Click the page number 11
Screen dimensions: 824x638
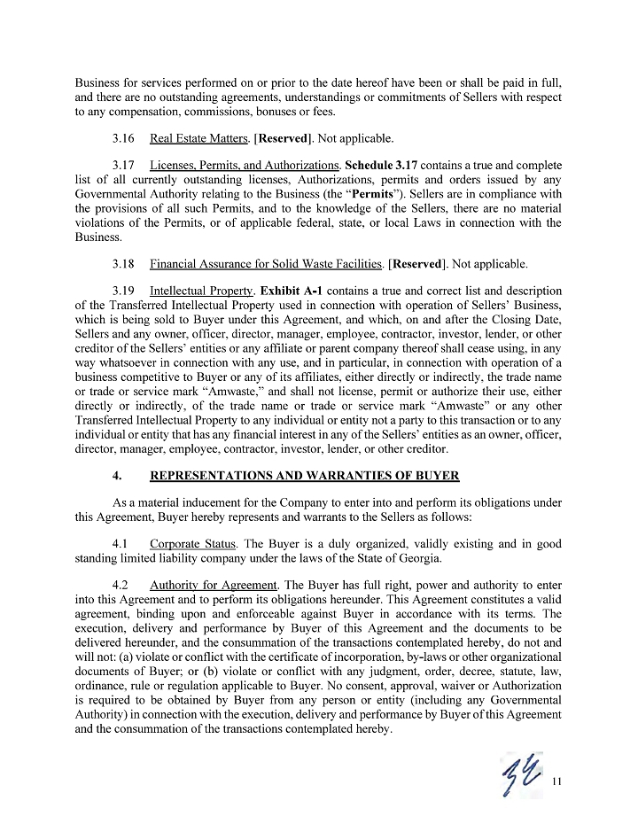[557, 781]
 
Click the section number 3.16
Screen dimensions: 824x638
[124, 139]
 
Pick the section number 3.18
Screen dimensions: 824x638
[124, 264]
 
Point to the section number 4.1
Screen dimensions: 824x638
[122, 543]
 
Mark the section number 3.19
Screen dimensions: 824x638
[124, 291]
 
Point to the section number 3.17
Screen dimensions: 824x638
[124, 166]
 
